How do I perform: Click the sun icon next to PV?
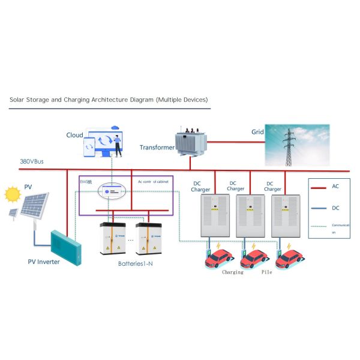[12, 194]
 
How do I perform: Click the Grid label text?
[257, 131]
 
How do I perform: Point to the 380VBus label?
[33, 162]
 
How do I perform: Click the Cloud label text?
[74, 136]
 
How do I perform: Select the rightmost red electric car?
[289, 258]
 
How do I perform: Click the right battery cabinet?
[149, 239]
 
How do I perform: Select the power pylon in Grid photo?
[289, 146]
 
